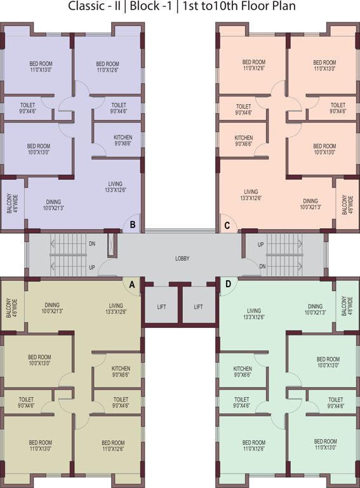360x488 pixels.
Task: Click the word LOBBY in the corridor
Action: [182, 259]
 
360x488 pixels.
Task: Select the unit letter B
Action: [133, 224]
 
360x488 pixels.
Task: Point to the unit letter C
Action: [227, 224]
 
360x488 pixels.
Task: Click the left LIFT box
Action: [161, 306]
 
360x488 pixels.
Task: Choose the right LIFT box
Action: [199, 306]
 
